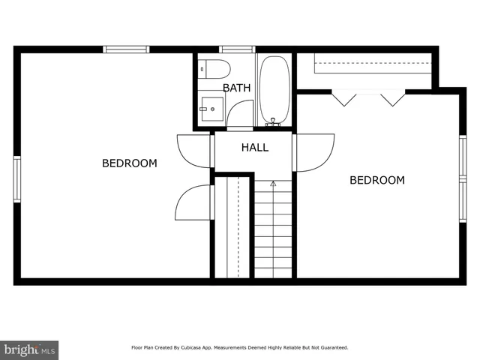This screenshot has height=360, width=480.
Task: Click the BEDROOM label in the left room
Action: [x=130, y=163]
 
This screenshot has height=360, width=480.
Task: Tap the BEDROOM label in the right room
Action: [x=377, y=180]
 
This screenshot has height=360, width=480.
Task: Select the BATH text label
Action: [x=236, y=88]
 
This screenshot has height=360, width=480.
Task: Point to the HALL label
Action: [x=254, y=148]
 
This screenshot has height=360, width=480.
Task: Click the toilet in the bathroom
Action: [x=215, y=70]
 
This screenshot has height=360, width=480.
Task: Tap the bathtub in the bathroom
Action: [x=274, y=89]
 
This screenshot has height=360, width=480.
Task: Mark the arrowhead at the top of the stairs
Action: [x=273, y=183]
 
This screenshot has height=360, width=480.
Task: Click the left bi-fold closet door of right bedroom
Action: [x=344, y=97]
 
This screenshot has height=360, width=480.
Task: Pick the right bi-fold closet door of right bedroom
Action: [x=392, y=97]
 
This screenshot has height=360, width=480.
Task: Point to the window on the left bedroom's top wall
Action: [x=127, y=49]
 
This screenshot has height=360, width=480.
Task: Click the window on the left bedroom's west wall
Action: [x=17, y=179]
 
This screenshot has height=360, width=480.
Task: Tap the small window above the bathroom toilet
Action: [x=237, y=49]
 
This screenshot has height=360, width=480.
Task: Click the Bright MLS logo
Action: [x=29, y=349]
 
